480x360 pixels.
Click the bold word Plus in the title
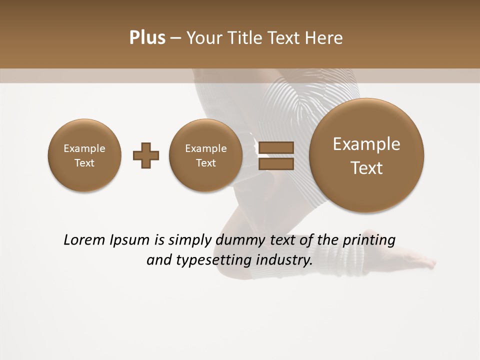click(x=147, y=38)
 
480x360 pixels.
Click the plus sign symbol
click(x=146, y=155)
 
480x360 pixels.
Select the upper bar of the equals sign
click(x=275, y=147)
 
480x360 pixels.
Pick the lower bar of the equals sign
click(x=275, y=164)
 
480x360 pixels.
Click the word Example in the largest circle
click(x=366, y=144)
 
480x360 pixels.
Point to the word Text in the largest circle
click(x=366, y=168)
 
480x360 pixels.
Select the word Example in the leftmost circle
click(x=84, y=148)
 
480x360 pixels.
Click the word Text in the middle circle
click(x=206, y=163)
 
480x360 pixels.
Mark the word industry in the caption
click(x=283, y=260)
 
